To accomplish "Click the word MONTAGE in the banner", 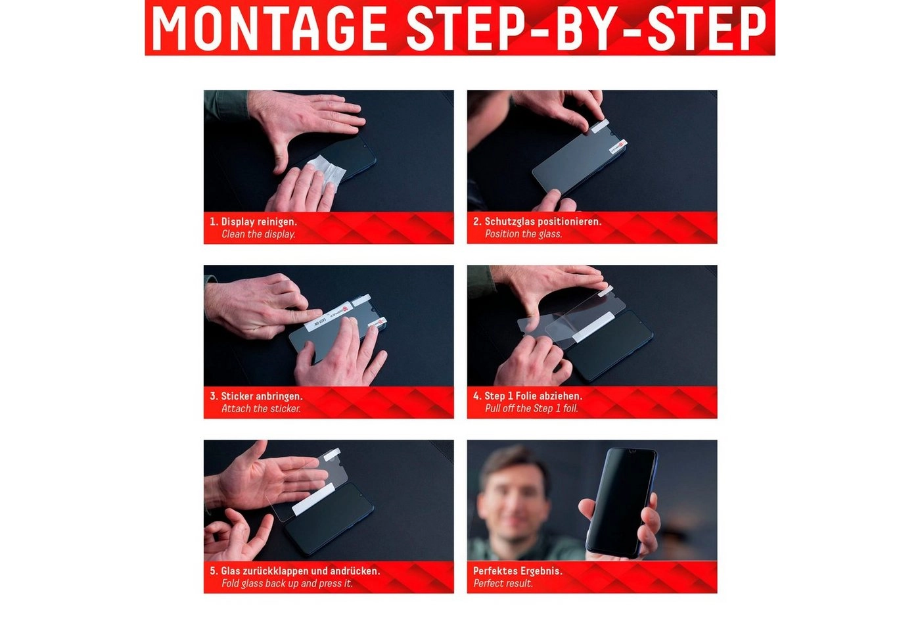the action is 269,28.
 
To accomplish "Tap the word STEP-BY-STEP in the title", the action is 587,28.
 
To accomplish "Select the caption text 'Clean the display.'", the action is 258,234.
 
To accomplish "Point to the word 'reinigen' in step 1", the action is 275,222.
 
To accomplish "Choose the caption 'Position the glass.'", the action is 523,234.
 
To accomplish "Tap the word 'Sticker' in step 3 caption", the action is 237,396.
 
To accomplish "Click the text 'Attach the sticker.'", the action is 261,409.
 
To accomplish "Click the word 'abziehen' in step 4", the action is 563,396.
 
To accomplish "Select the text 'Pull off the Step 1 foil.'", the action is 531,409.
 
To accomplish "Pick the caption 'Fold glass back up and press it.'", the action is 287,584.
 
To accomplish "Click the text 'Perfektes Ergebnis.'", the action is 518,571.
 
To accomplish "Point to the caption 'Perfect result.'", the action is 503,584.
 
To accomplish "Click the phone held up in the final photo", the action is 621,503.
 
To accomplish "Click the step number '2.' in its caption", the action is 477,222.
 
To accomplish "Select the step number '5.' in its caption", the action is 214,571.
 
